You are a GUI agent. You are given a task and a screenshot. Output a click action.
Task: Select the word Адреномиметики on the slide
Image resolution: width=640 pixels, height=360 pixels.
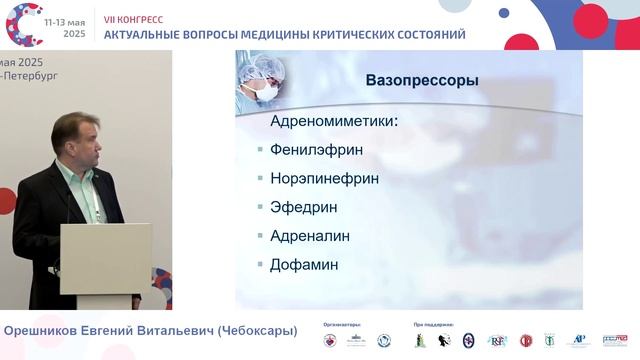(x=334, y=121)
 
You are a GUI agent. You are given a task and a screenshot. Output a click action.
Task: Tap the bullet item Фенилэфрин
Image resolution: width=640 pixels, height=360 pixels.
(x=316, y=150)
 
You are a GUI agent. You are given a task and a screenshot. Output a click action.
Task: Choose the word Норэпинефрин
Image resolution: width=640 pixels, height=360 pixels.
(x=326, y=179)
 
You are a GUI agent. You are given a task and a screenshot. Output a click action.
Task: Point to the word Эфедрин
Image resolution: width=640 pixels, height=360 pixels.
(x=304, y=208)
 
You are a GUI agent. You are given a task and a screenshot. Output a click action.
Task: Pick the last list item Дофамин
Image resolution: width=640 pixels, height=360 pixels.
(x=304, y=266)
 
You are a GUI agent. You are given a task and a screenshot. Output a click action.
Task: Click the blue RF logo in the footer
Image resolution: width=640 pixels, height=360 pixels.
(x=496, y=341)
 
